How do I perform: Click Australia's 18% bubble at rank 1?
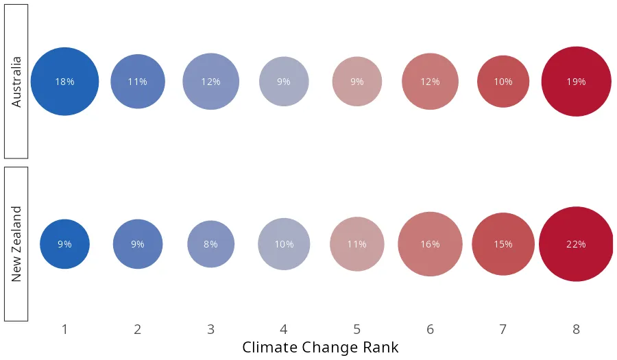(x=64, y=82)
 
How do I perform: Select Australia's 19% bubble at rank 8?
(x=576, y=82)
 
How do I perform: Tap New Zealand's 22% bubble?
(x=576, y=244)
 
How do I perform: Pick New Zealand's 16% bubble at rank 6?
(x=430, y=244)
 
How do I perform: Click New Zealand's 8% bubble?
(x=210, y=244)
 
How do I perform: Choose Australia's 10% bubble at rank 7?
(x=503, y=82)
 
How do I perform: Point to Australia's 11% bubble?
(x=138, y=82)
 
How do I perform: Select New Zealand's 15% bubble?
(x=503, y=244)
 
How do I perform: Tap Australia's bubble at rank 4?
(x=284, y=82)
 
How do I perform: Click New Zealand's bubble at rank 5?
(x=356, y=244)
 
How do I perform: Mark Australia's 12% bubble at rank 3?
(x=210, y=82)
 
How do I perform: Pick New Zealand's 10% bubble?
(x=284, y=244)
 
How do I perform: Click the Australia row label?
(x=16, y=82)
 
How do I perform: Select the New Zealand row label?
(x=16, y=244)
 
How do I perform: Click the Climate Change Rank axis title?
(x=320, y=347)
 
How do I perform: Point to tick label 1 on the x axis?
(x=64, y=330)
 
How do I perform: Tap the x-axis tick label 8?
(x=576, y=330)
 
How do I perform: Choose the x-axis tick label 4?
(x=284, y=330)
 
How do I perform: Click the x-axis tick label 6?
(x=430, y=330)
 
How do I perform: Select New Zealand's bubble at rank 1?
(x=64, y=244)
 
